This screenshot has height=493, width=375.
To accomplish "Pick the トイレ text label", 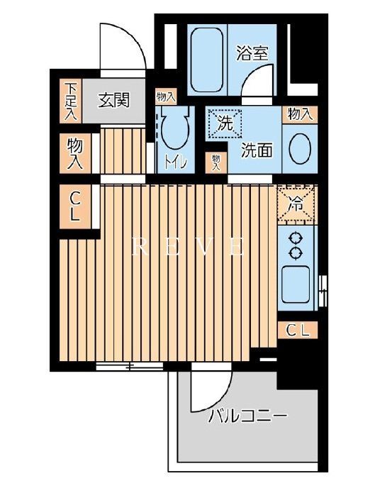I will tap(176, 162).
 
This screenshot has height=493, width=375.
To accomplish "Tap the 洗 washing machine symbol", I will tap(225, 121).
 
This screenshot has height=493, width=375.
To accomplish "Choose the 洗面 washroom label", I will tap(256, 150).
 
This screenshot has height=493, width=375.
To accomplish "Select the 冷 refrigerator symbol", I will tap(296, 204).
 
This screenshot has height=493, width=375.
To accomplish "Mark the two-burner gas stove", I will tap(296, 246).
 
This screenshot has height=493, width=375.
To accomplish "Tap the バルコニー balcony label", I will tap(247, 416).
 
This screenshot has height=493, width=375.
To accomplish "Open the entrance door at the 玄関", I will tap(121, 50).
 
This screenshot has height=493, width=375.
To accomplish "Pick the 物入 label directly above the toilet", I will tap(166, 96).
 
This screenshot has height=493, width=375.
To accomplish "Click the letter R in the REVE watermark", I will tap(139, 248).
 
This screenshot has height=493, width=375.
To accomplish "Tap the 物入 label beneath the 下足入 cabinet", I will tap(74, 153).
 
